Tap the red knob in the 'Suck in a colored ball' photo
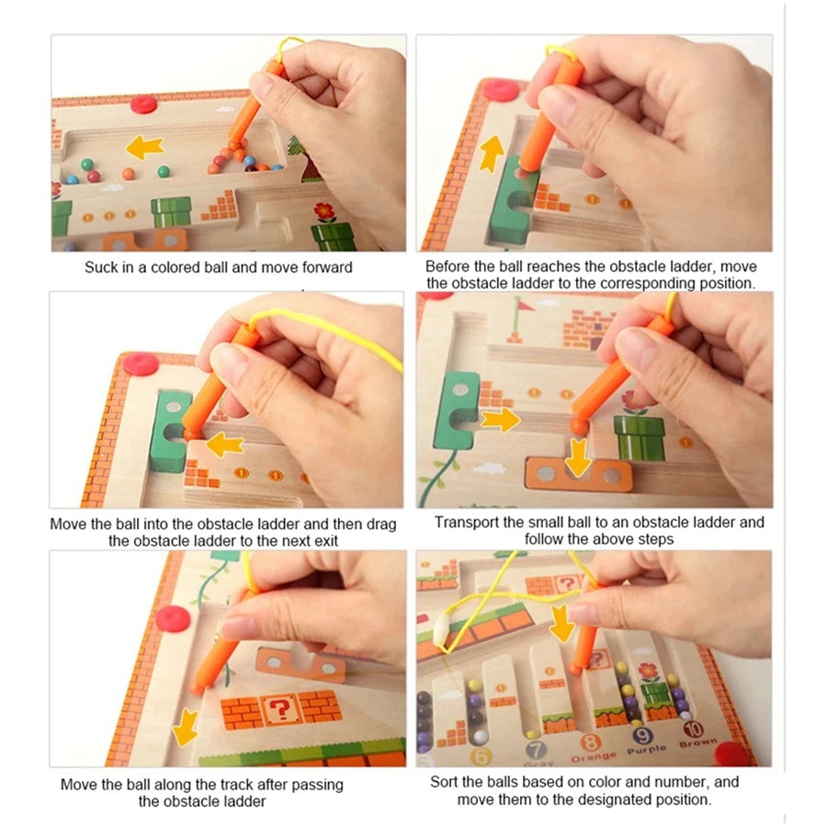tap(143, 103)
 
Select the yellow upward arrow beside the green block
tap(492, 152)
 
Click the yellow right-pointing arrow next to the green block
tap(500, 420)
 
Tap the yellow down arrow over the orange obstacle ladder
tap(578, 458)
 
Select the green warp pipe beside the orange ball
tap(639, 437)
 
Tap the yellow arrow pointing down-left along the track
tap(187, 727)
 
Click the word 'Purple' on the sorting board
tap(646, 750)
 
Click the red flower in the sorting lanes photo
tap(648, 671)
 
